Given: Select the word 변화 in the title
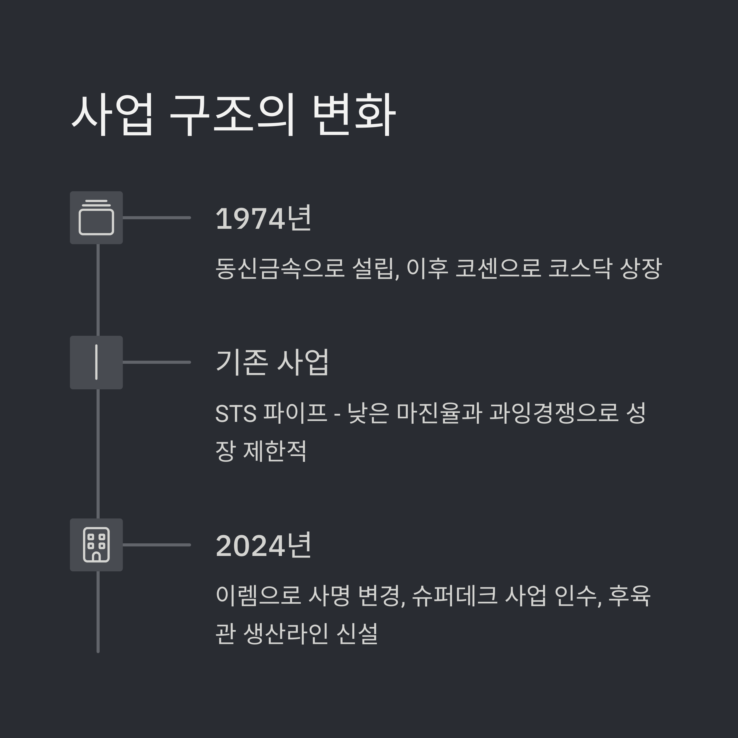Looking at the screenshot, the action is click(x=353, y=115).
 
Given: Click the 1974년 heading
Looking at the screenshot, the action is click(x=264, y=219).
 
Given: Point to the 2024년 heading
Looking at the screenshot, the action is click(x=264, y=546).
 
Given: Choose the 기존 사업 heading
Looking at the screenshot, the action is click(x=272, y=362).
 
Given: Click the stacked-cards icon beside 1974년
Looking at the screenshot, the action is click(x=96, y=218).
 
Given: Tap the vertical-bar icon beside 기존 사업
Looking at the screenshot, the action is click(x=96, y=362).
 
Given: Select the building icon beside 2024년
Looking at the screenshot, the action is click(x=96, y=545).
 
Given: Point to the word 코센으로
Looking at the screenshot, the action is click(x=498, y=268).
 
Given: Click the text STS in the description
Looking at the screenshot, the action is click(x=236, y=414).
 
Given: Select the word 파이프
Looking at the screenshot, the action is click(x=295, y=414).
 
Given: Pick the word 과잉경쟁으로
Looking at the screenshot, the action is click(x=554, y=414).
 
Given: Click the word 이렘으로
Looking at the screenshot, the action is click(x=258, y=596).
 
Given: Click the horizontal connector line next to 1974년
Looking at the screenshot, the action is click(x=157, y=218).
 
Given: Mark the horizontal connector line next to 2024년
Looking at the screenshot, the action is click(x=157, y=545).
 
